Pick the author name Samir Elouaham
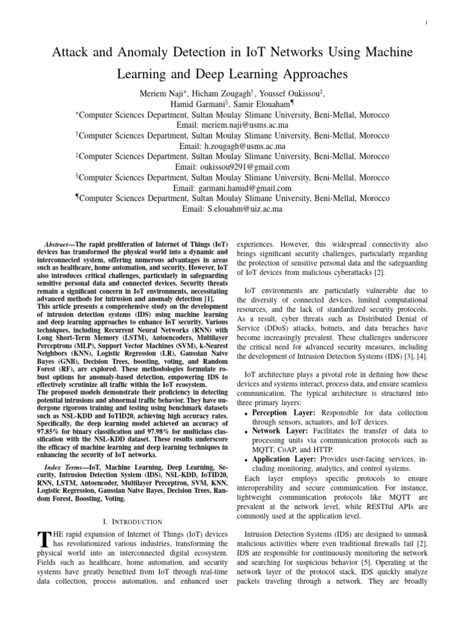point(259,104)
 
